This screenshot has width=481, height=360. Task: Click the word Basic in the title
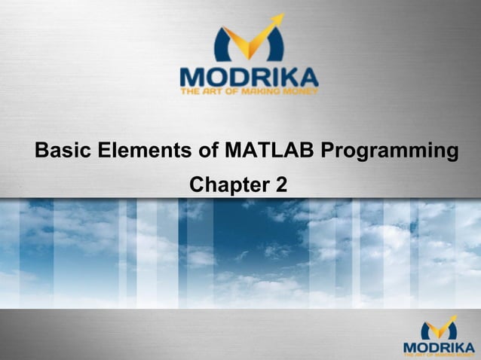click(63, 150)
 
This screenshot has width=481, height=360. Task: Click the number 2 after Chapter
click(280, 185)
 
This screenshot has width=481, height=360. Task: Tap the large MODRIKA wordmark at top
click(249, 77)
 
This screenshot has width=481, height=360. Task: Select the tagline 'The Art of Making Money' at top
click(249, 92)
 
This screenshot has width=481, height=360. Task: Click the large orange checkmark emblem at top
click(250, 41)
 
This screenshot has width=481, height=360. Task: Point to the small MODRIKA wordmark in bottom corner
click(440, 346)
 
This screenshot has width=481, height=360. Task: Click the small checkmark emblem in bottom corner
click(440, 329)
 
